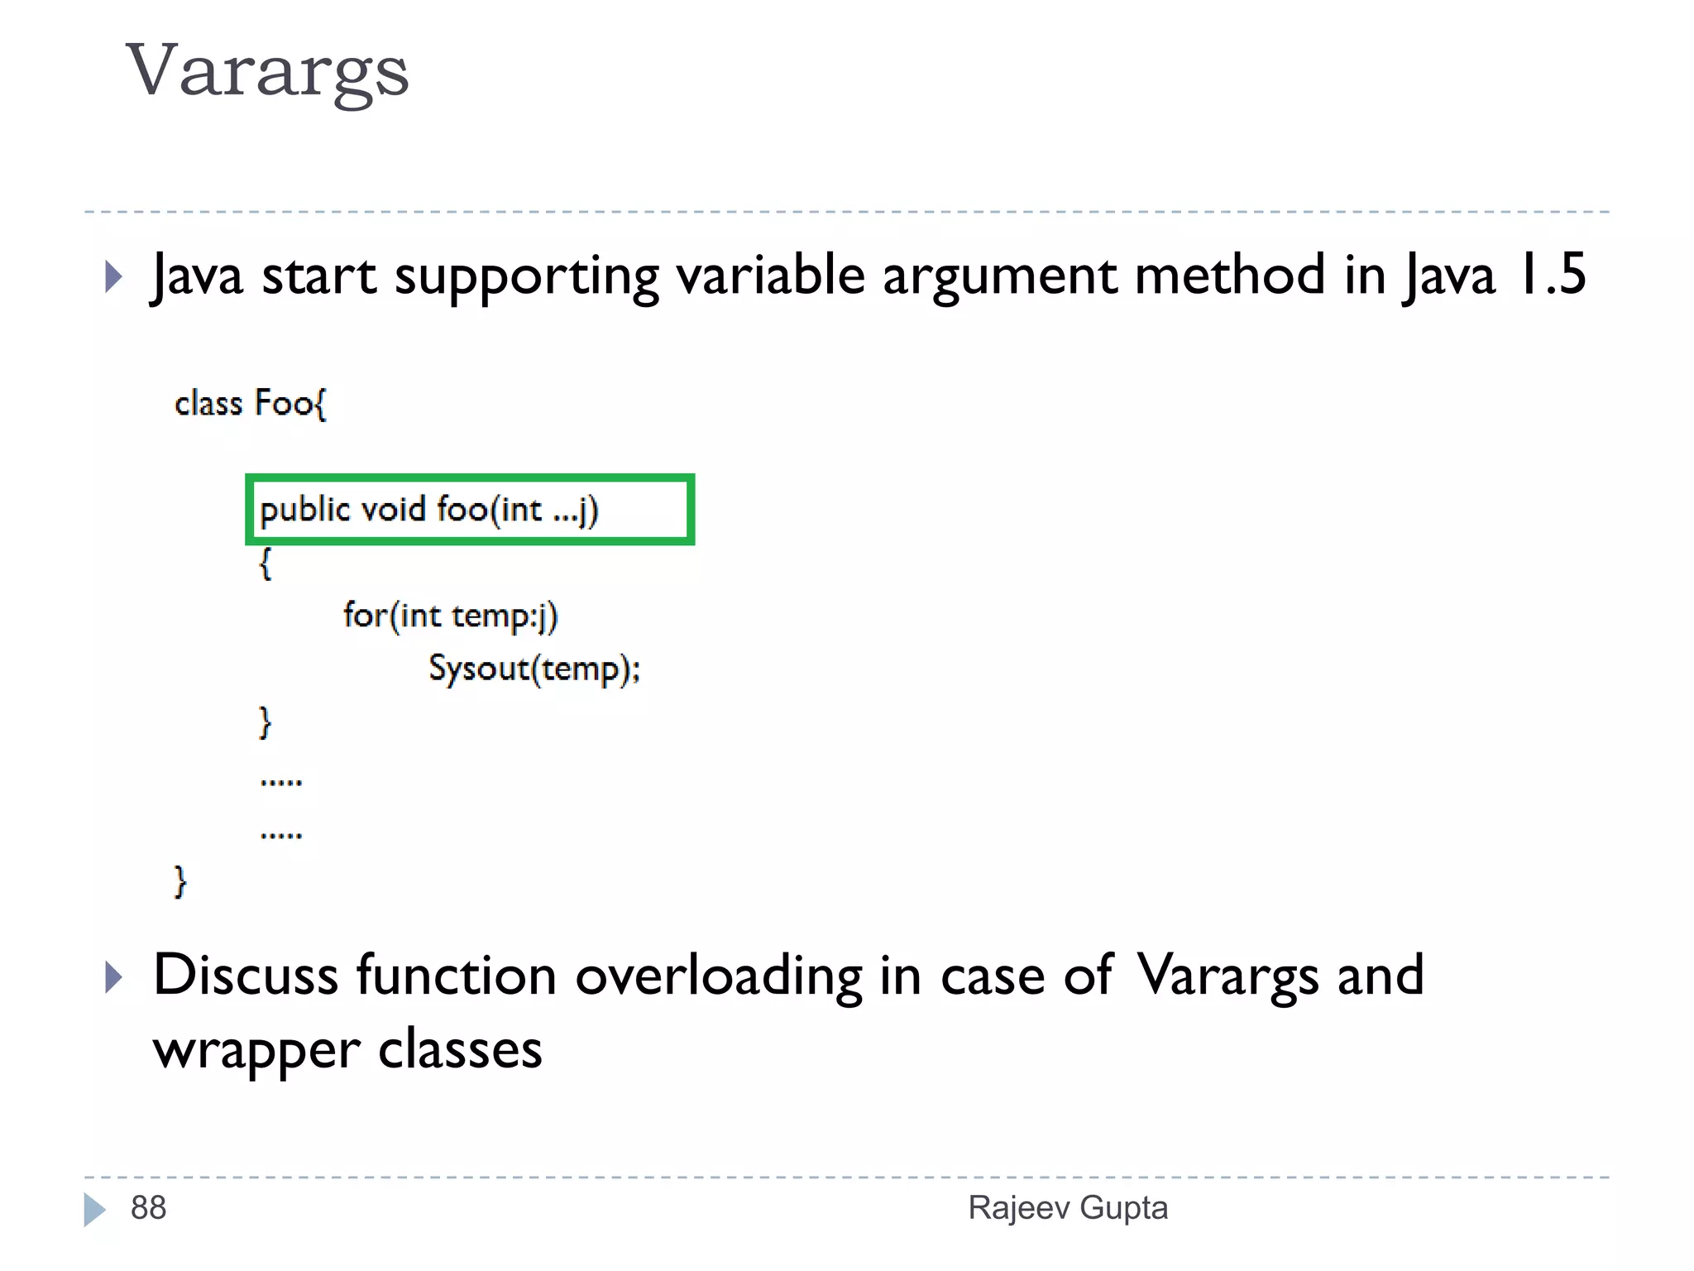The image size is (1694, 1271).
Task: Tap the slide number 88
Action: [x=149, y=1208]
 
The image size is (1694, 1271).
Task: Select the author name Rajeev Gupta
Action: [x=1068, y=1208]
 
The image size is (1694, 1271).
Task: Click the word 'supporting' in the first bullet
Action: [x=526, y=276]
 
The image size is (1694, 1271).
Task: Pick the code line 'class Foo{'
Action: [x=251, y=404]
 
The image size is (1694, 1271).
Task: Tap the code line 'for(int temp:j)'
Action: [x=451, y=616]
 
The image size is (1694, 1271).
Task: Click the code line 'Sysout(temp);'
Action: [x=534, y=669]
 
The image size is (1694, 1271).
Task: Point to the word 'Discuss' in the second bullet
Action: [x=246, y=975]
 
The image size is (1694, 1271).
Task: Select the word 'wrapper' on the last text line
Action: [x=256, y=1051]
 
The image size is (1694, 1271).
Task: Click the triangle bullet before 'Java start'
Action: [x=114, y=276]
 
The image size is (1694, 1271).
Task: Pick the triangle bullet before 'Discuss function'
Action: [x=114, y=977]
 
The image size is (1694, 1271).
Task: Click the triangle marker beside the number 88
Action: [x=94, y=1209]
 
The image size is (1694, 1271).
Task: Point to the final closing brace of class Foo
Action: [x=180, y=881]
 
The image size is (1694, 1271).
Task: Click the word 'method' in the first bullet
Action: [x=1230, y=275]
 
